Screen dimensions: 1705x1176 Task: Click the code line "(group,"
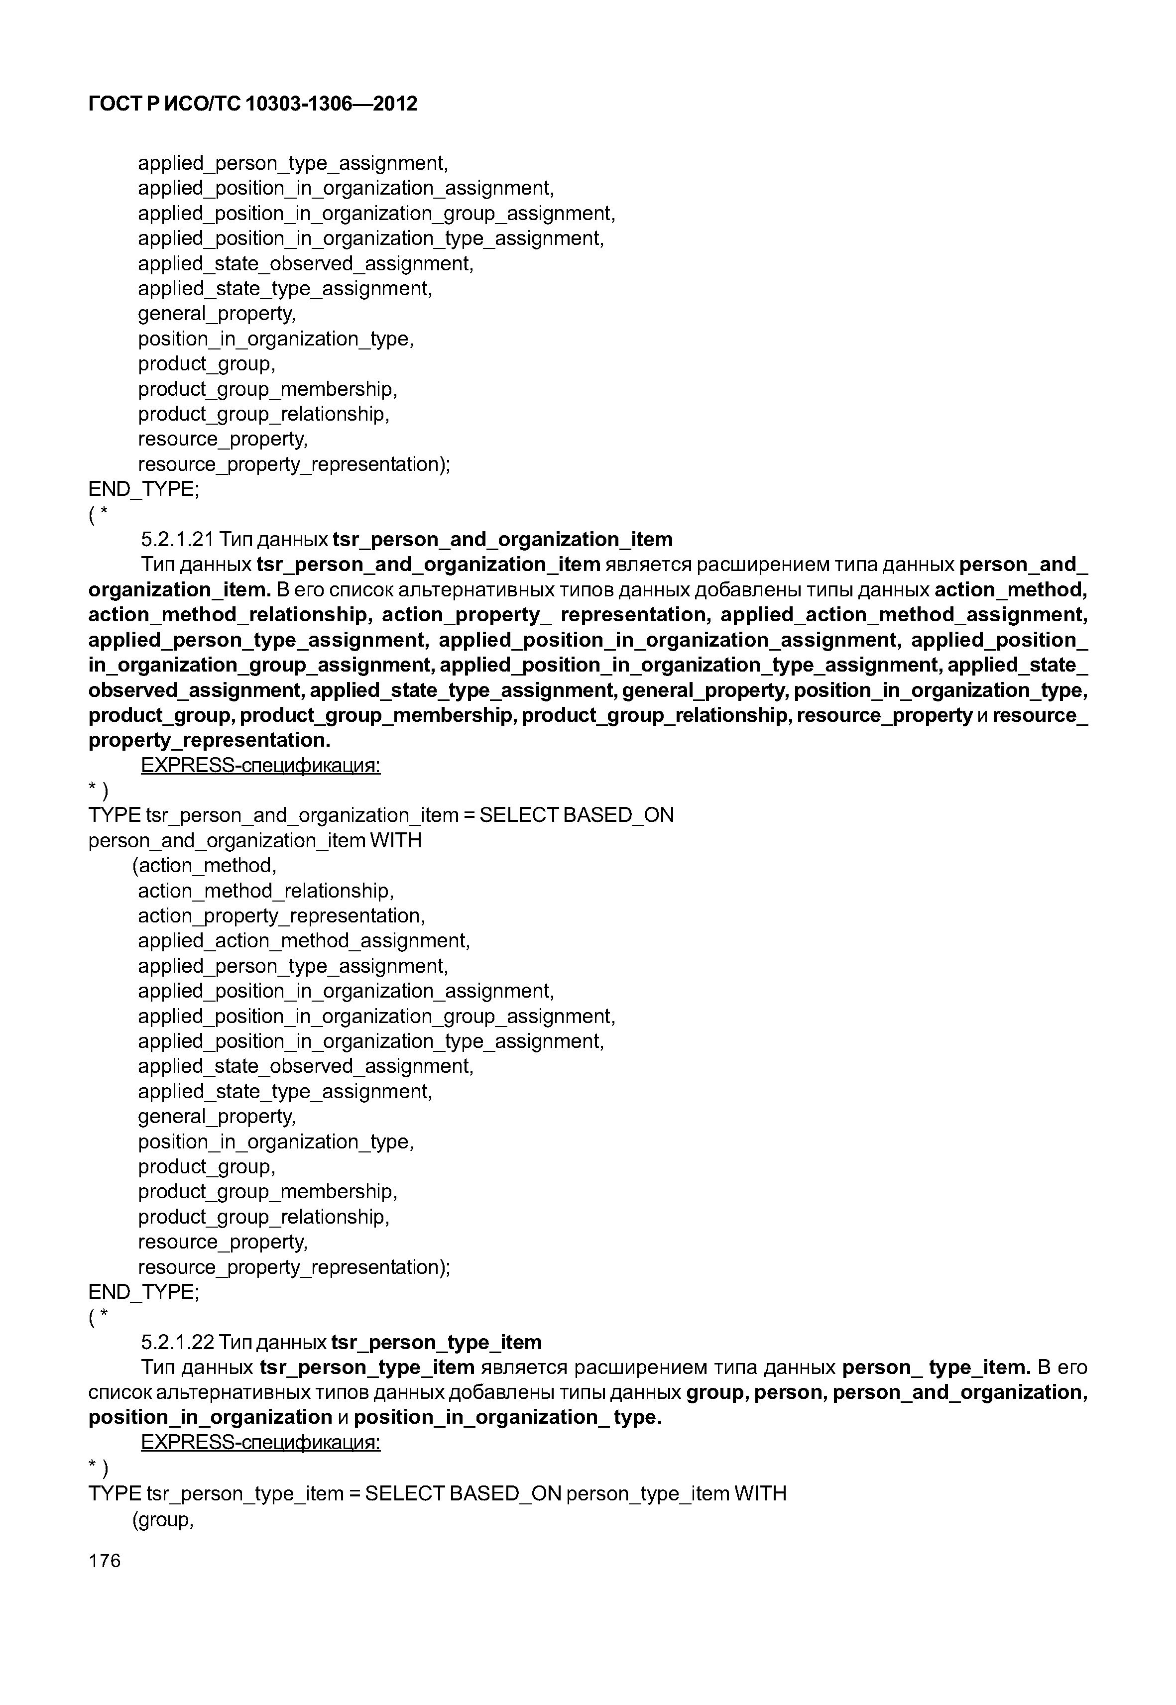162,1519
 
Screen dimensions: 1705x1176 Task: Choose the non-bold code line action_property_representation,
281,916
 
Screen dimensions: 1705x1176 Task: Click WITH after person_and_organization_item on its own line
396,841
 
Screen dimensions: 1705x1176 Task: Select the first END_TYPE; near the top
144,489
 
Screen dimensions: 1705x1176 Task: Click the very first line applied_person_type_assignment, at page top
293,163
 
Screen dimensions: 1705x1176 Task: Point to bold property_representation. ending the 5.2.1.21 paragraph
209,740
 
